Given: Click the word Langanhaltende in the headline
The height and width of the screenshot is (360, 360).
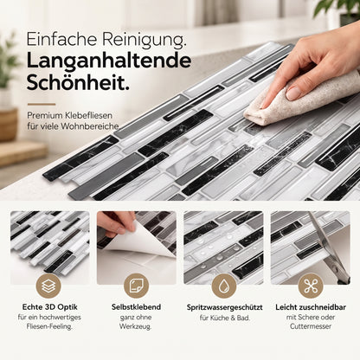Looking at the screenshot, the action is [x=109, y=61].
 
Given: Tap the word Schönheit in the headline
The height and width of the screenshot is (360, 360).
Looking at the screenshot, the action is [x=78, y=82].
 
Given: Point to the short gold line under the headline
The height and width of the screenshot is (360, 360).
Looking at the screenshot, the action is [x=42, y=104].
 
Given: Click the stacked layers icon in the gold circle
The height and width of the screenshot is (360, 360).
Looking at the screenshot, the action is [x=48, y=286].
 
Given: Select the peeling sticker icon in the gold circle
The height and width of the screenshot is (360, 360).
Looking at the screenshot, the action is [x=136, y=286].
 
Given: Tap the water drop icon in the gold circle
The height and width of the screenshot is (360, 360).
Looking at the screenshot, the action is [x=224, y=286].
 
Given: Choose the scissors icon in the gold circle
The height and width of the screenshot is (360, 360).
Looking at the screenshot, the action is [x=311, y=286].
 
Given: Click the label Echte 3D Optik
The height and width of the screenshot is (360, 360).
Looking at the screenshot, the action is [x=50, y=307].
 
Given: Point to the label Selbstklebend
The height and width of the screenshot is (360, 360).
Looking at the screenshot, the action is [x=136, y=307].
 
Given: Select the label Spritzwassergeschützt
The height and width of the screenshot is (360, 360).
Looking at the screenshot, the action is [x=224, y=307].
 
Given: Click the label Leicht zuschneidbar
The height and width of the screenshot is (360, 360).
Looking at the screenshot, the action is [x=311, y=307].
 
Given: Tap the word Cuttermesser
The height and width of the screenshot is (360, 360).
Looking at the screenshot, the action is [x=311, y=326].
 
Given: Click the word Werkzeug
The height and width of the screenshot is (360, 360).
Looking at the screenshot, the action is [x=136, y=327].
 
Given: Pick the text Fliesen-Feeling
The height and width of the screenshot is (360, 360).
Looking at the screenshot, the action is [x=49, y=327].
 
